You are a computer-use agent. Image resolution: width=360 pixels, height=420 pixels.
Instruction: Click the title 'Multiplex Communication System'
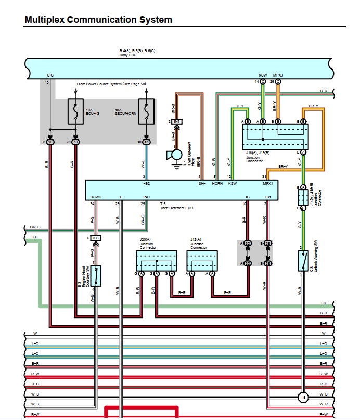(x=98, y=20)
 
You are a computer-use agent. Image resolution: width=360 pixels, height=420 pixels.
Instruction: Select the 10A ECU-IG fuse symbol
(x=76, y=111)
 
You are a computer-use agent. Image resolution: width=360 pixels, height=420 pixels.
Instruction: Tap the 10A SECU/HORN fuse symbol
(x=147, y=111)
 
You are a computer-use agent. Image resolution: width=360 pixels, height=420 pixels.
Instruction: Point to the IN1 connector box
(x=177, y=121)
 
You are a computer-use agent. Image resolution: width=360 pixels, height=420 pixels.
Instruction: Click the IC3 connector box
(x=96, y=238)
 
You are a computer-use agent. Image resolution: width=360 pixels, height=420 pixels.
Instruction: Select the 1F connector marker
(x=50, y=142)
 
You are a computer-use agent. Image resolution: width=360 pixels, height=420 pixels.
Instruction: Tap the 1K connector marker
(x=147, y=142)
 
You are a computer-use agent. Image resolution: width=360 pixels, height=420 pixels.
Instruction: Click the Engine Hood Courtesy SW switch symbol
(x=96, y=276)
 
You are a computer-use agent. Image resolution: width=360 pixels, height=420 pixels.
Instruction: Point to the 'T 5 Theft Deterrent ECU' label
(x=176, y=206)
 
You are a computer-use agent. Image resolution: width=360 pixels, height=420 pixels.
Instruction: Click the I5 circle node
(x=303, y=398)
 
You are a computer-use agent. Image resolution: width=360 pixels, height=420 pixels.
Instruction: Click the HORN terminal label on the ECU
(x=217, y=184)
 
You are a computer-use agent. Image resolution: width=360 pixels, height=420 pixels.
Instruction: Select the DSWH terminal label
(x=96, y=197)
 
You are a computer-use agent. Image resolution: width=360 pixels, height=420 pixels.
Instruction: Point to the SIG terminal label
(x=50, y=75)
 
